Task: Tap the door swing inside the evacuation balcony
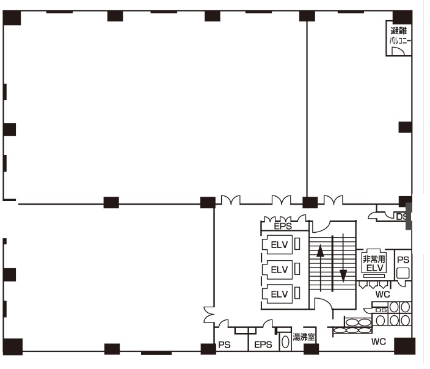pos(398,51)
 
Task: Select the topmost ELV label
pos(280,244)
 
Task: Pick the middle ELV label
pos(280,269)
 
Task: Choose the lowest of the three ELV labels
pos(280,294)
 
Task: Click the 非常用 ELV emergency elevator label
pos(374,263)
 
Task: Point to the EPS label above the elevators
pos(283,226)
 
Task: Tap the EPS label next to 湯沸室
pos(263,345)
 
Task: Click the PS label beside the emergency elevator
pos(403,260)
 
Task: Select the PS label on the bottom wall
pos(224,345)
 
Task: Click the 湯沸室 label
pos(304,337)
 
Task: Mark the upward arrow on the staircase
pos(320,268)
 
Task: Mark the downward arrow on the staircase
pos(343,258)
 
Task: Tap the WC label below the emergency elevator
pos(382,294)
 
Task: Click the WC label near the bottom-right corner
pos(379,342)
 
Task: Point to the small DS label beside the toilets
pos(381,310)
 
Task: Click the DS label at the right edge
pos(401,217)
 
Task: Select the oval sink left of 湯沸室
pos(285,342)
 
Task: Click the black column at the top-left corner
pos(12,18)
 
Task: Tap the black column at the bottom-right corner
pos(404,346)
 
